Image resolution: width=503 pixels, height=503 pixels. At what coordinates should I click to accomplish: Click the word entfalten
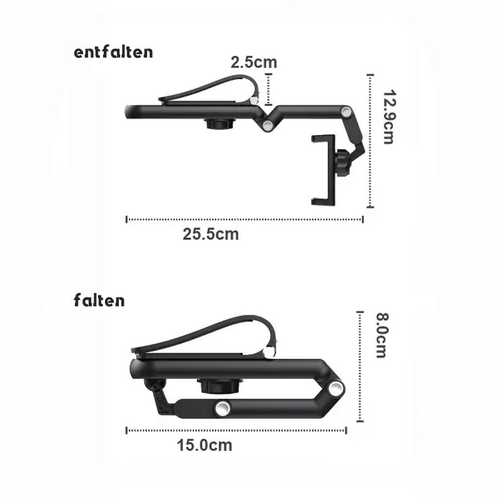point(113,52)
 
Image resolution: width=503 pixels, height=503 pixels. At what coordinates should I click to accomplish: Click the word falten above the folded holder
point(99,301)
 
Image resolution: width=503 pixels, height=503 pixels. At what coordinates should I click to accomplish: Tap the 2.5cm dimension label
point(253,62)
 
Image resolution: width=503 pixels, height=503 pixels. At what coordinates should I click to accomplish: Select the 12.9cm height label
point(388,116)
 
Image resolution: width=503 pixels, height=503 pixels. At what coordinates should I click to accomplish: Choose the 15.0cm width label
point(204,446)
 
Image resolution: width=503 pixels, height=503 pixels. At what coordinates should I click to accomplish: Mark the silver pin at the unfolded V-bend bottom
point(268,128)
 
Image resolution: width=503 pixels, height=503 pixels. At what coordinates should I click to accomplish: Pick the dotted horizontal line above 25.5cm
point(245,219)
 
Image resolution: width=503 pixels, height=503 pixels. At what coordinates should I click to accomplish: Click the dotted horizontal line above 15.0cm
point(236,431)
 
